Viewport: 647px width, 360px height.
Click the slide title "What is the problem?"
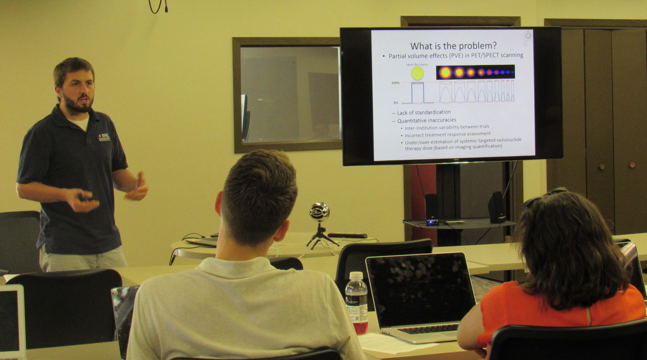click(453, 46)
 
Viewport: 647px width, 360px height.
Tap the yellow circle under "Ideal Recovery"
click(417, 73)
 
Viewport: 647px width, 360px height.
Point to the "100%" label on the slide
click(395, 83)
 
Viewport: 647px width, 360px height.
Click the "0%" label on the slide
click(396, 103)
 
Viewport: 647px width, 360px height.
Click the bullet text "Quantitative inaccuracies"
click(426, 120)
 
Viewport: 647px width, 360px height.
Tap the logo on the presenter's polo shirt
click(105, 137)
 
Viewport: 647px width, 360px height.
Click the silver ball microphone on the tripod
click(319, 212)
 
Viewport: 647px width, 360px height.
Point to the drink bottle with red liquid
click(356, 303)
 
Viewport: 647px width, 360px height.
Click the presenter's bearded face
click(78, 92)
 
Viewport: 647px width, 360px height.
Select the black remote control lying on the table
click(347, 235)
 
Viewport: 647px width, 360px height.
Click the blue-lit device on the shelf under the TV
click(431, 222)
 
